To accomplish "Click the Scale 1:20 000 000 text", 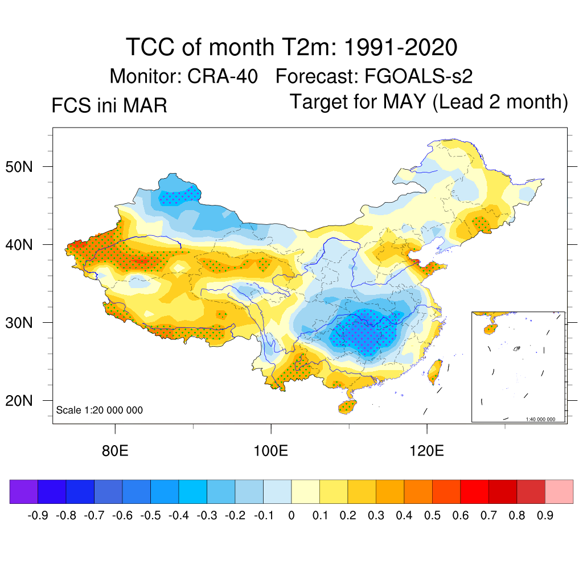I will tap(100, 410).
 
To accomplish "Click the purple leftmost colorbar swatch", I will tap(23, 491).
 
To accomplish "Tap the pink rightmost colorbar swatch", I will tap(559, 491).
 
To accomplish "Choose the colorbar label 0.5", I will tap(433, 516).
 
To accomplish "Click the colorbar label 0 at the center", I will tap(291, 516).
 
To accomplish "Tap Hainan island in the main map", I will tap(347, 407).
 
